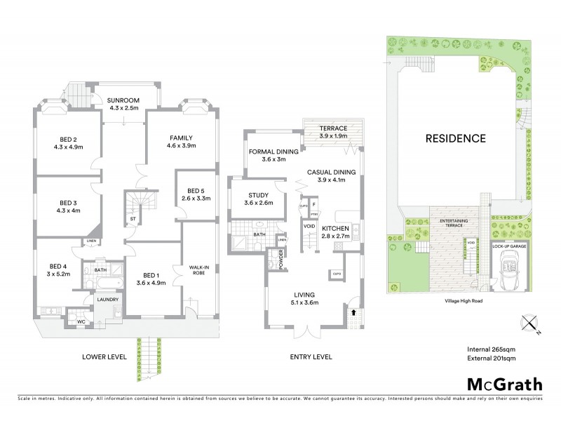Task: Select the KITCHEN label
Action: point(336,229)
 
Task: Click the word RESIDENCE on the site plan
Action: point(455,138)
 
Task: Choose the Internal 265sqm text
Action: point(492,349)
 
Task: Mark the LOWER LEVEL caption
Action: point(103,357)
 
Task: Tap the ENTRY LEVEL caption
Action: point(311,357)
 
